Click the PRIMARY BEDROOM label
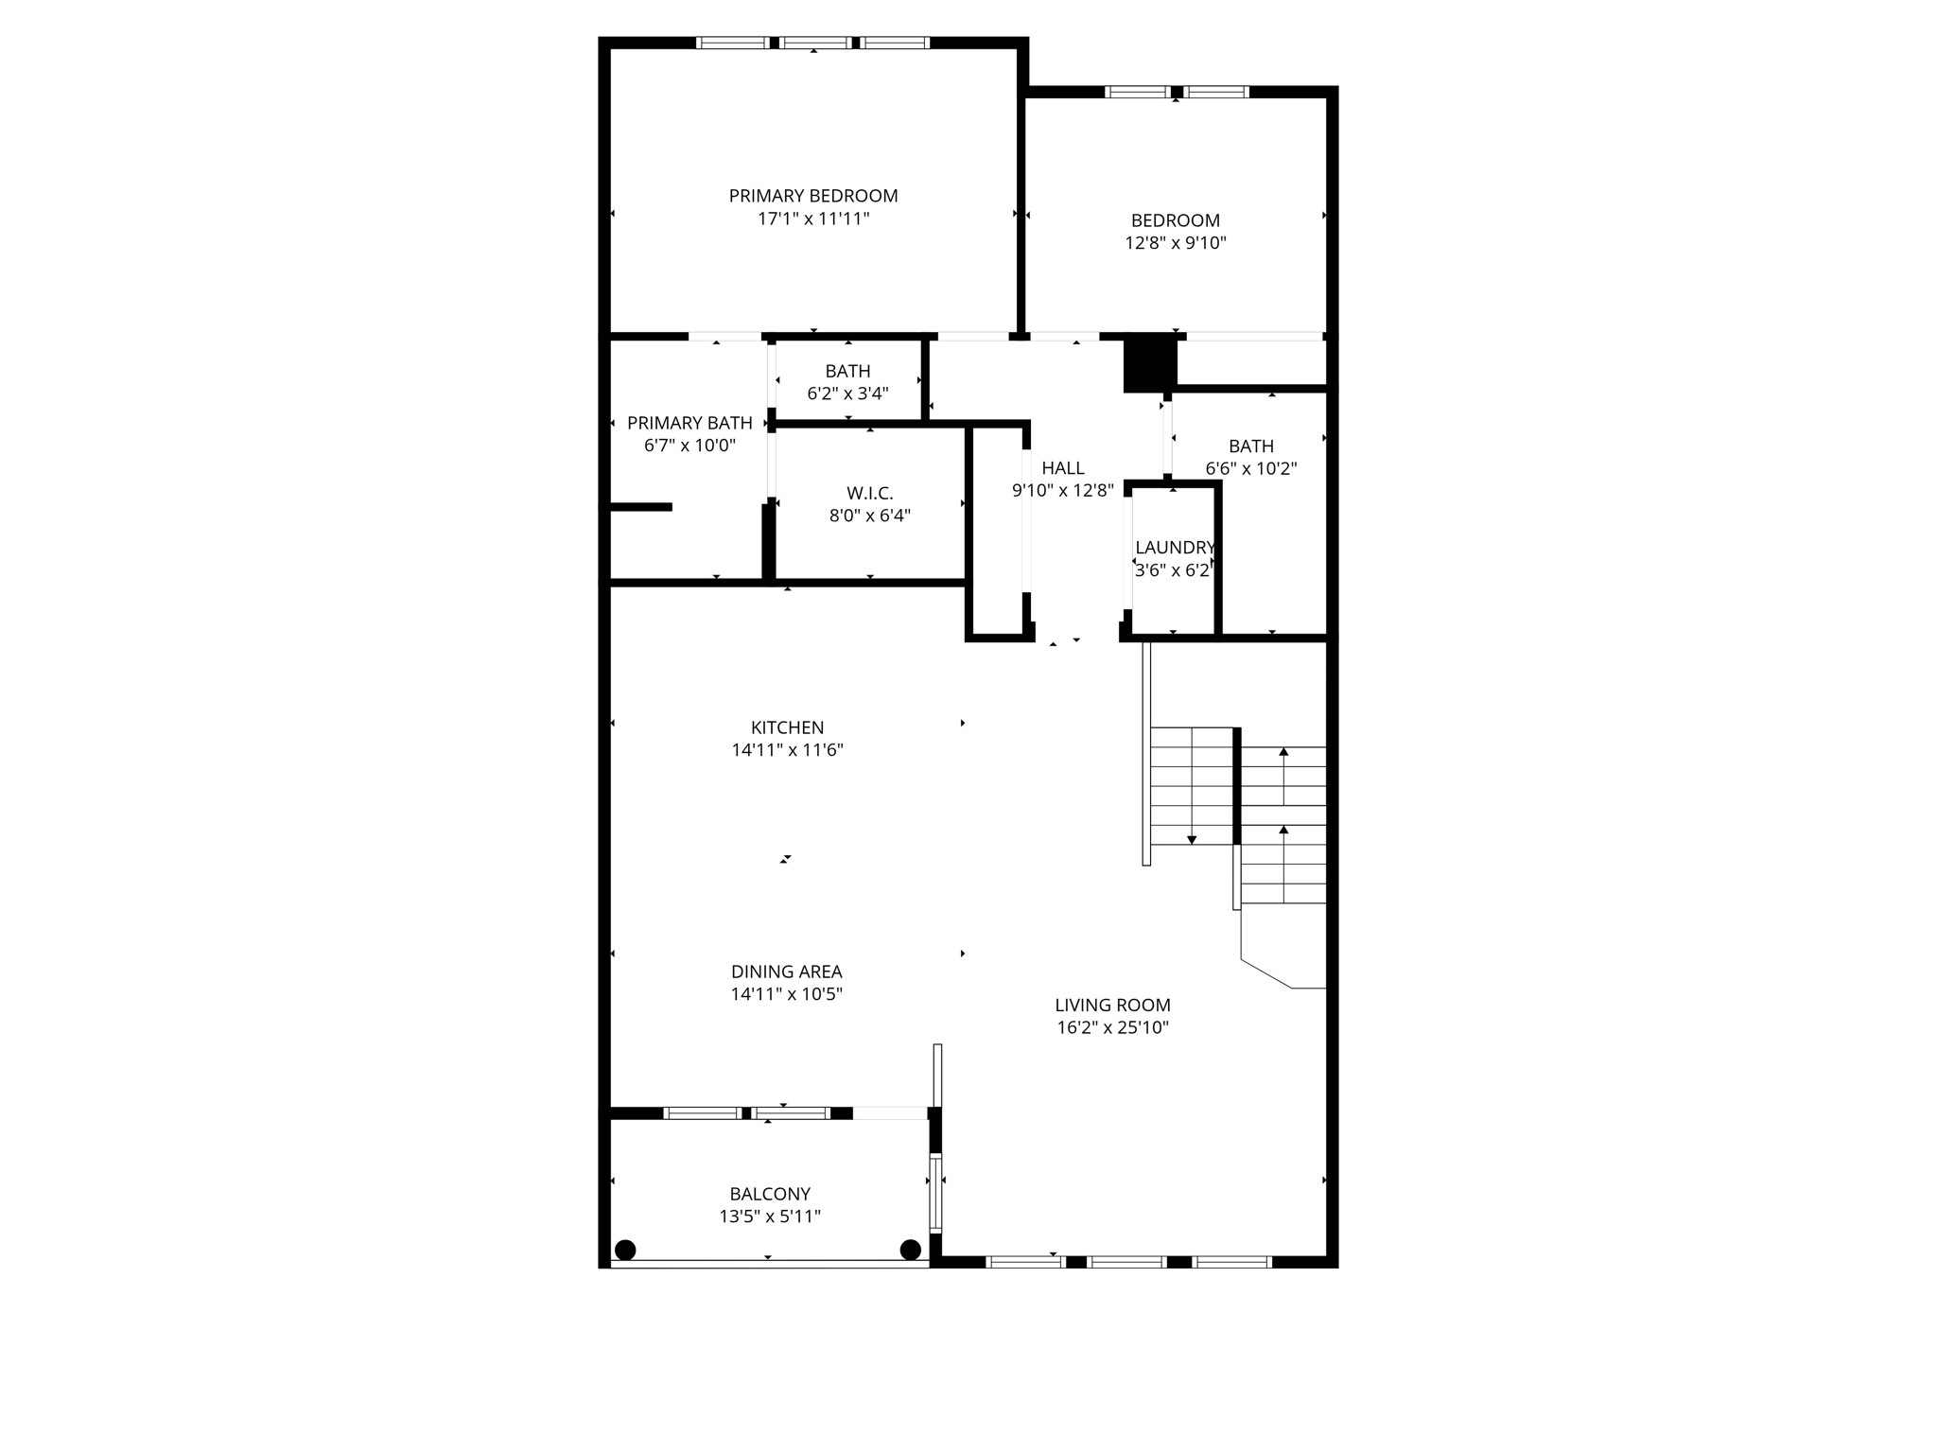813,196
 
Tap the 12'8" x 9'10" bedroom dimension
1176,243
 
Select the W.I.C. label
869,493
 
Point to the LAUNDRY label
1175,548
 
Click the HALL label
1063,468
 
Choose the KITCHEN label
787,727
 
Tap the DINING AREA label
786,972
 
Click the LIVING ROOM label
1112,1006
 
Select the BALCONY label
770,1194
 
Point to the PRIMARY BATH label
689,423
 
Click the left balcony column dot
625,1250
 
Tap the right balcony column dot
911,1250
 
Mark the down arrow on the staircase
1192,838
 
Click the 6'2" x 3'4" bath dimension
847,394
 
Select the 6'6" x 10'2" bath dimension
1250,468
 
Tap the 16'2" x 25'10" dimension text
1112,1028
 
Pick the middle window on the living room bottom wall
1126,1261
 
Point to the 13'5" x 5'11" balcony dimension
770,1217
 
